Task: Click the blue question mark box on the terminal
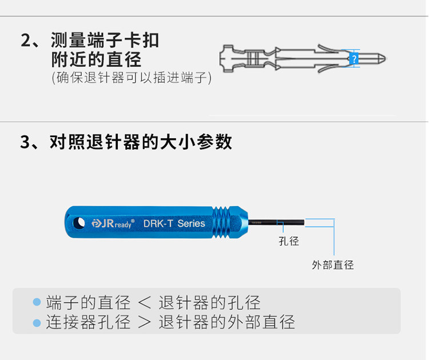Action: pyautogui.click(x=354, y=59)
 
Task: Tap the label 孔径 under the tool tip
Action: pyautogui.click(x=289, y=241)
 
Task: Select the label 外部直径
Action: pyautogui.click(x=333, y=265)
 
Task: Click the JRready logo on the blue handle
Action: pyautogui.click(x=113, y=223)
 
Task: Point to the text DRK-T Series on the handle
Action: pyautogui.click(x=174, y=223)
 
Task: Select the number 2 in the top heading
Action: pyautogui.click(x=26, y=41)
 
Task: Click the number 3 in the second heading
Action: pyautogui.click(x=26, y=142)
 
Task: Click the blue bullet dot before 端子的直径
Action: pyautogui.click(x=37, y=302)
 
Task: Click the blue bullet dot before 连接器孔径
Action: pyautogui.click(x=37, y=322)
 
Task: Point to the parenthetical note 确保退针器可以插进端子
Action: pyautogui.click(x=132, y=77)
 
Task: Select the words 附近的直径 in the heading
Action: pyautogui.click(x=96, y=59)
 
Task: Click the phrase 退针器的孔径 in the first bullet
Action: pyautogui.click(x=209, y=302)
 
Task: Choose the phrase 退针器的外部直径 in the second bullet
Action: pyautogui.click(x=227, y=322)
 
